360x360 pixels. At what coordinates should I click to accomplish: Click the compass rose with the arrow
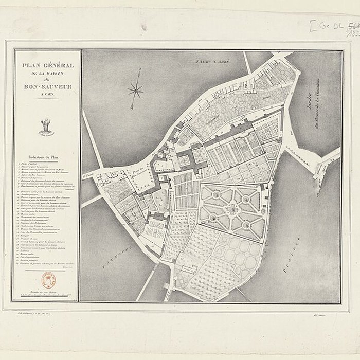(135, 91)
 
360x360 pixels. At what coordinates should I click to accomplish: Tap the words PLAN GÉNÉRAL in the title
(47, 66)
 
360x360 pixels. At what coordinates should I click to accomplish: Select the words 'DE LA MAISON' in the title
(47, 73)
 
